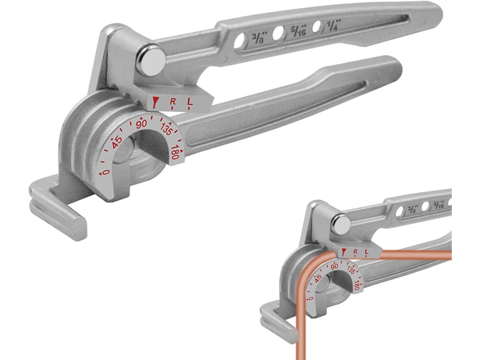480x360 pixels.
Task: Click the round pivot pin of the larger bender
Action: click(151, 60)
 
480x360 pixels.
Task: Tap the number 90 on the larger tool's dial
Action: click(141, 123)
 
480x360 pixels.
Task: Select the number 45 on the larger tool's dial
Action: click(116, 142)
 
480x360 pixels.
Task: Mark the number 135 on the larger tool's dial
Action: click(166, 128)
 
